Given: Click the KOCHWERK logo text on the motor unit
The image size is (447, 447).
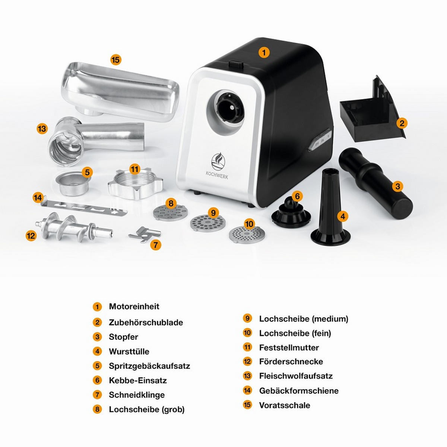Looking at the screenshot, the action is click(x=217, y=175).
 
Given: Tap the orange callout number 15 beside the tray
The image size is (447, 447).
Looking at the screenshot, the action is click(x=116, y=60).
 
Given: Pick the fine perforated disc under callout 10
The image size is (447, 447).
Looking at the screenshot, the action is click(x=247, y=235).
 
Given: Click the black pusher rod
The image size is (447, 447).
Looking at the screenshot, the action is click(x=375, y=183).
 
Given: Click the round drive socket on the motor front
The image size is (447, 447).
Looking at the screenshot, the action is click(x=228, y=108).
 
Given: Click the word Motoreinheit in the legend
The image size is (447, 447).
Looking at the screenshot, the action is click(x=134, y=307).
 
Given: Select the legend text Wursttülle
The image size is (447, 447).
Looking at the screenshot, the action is click(x=129, y=352).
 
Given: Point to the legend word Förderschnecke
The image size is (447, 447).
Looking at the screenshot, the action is click(x=291, y=362).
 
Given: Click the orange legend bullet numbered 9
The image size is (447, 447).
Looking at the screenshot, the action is click(x=247, y=318).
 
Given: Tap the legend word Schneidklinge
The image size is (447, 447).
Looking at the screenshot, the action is click(x=137, y=395).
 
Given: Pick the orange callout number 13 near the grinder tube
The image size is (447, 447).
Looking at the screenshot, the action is click(x=42, y=129).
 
